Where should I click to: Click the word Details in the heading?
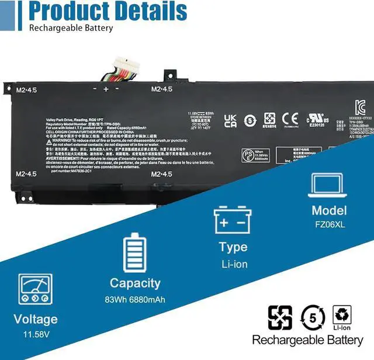point(151,12)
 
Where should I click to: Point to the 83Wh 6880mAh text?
point(135,300)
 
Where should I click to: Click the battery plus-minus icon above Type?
point(233,219)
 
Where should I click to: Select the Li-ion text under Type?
point(234,264)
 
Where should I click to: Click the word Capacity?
point(135,283)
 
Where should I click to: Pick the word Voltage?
point(36,319)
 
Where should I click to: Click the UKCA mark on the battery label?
point(230,120)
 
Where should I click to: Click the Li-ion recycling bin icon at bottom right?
point(342,317)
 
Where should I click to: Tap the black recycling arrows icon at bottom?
point(280,317)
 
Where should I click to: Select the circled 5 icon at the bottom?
point(313,317)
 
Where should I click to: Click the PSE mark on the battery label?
point(247,155)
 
